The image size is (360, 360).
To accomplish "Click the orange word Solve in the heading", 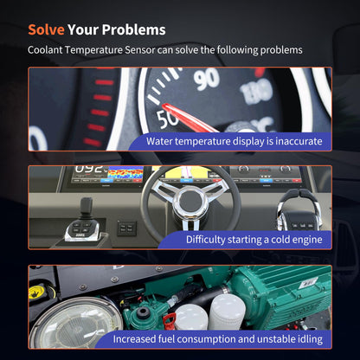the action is tap(46, 29).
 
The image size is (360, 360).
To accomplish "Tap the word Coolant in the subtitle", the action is tap(45, 50).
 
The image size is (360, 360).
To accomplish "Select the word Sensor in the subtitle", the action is tap(140, 50).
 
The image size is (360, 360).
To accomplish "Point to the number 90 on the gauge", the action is tap(207, 78).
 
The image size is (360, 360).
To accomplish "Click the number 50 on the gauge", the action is tap(166, 119).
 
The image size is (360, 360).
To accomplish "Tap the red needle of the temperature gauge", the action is tap(189, 118).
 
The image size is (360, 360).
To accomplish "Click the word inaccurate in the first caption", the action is tap(299, 141).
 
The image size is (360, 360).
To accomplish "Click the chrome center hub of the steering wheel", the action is tap(190, 201).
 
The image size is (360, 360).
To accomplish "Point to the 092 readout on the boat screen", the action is tap(88, 170).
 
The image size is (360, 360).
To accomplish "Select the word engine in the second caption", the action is tap(307, 240).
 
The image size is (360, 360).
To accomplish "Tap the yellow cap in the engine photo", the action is tap(38, 292).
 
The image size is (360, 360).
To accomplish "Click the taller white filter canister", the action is tap(227, 312).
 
